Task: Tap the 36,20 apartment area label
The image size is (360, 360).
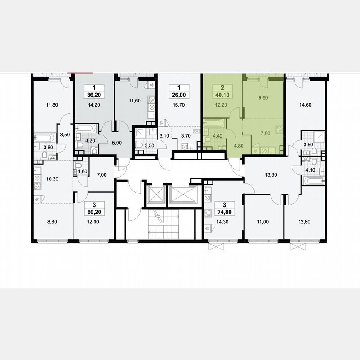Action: tap(94, 95)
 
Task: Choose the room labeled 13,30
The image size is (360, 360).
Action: tap(272, 175)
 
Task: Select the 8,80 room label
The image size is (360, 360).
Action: tap(52, 222)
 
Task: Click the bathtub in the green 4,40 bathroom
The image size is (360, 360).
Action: tap(214, 124)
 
